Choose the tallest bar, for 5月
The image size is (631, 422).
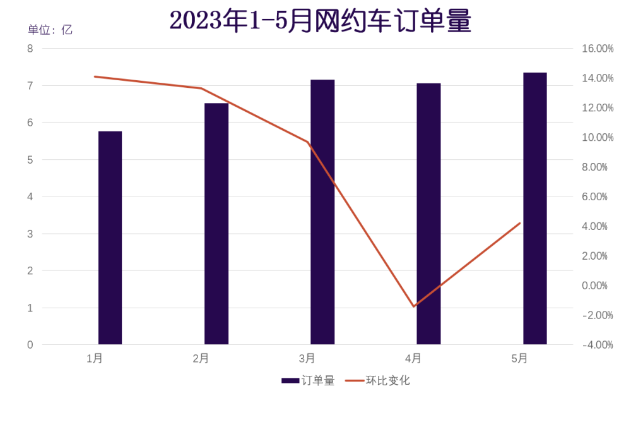[535, 208]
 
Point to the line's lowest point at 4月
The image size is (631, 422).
[414, 306]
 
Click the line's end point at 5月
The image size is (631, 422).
[520, 223]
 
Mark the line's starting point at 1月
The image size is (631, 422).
[95, 76]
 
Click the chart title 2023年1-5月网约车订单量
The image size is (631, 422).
[321, 21]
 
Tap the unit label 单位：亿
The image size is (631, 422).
[50, 30]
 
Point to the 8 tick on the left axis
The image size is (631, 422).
[30, 49]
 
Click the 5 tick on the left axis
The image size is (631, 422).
[30, 160]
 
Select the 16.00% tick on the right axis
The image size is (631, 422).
[597, 49]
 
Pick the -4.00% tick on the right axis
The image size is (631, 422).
[597, 345]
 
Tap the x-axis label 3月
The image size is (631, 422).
[307, 359]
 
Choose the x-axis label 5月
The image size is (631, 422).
[520, 359]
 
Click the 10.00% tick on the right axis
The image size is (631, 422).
[597, 138]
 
